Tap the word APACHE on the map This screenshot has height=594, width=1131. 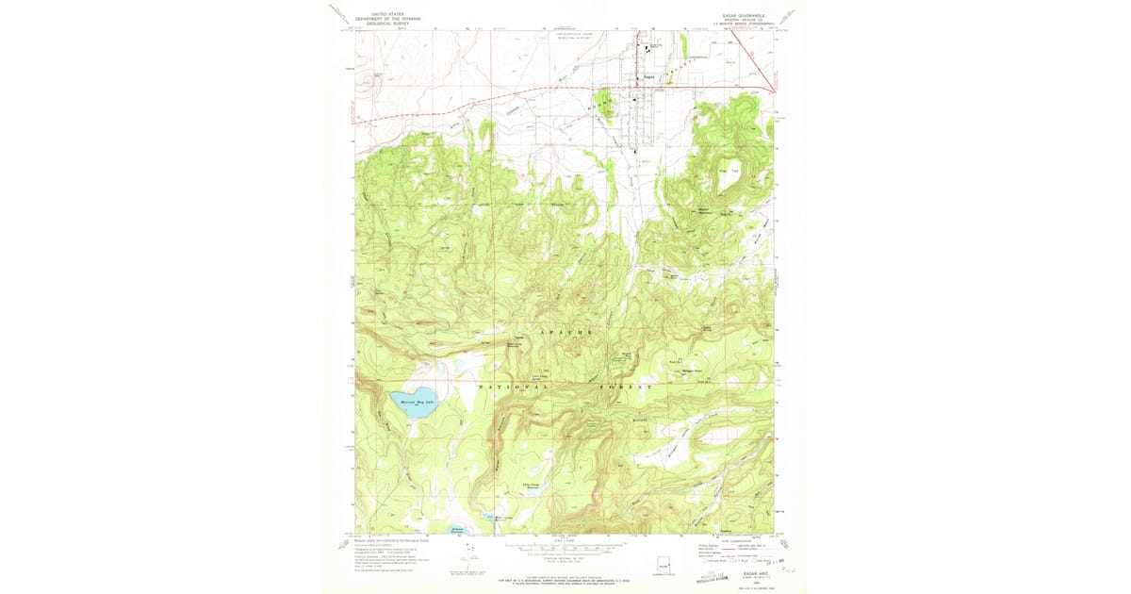(568, 334)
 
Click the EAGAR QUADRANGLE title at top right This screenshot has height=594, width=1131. (735, 15)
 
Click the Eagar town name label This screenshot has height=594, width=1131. (648, 77)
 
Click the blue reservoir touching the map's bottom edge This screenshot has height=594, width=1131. (455, 532)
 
